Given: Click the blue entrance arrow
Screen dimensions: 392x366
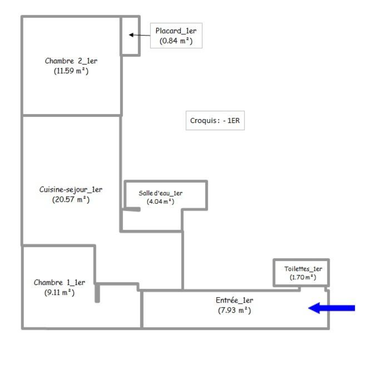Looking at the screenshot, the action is click(332, 308).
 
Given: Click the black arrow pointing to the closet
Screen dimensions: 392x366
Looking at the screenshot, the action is click(139, 35).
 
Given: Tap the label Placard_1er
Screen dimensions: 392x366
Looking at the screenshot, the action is click(176, 31).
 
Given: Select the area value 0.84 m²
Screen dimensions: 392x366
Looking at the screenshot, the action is click(176, 41).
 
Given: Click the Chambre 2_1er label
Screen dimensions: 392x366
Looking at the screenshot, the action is click(71, 61).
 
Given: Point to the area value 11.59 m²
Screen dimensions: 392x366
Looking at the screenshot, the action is click(71, 71).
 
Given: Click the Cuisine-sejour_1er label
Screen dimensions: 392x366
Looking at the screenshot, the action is click(71, 189).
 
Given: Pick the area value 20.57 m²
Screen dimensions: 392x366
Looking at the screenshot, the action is click(71, 200).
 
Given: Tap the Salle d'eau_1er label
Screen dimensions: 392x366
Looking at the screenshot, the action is click(161, 193).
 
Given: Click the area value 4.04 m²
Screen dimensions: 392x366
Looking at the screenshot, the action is click(161, 202).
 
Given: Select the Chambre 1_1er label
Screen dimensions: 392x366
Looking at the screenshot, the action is click(59, 283).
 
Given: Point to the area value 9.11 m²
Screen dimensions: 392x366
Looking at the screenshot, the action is click(59, 293).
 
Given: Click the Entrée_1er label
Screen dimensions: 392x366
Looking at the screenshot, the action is click(234, 300).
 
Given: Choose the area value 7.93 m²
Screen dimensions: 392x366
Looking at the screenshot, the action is click(234, 310).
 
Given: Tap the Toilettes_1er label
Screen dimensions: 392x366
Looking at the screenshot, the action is click(303, 269).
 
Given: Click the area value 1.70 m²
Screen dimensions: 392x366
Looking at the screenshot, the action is click(303, 277).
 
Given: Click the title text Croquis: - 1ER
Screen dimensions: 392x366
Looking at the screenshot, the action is click(215, 120).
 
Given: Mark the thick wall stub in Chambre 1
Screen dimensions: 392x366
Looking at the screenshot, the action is click(97, 293).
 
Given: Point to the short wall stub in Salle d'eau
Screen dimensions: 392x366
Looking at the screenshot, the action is click(132, 209).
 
